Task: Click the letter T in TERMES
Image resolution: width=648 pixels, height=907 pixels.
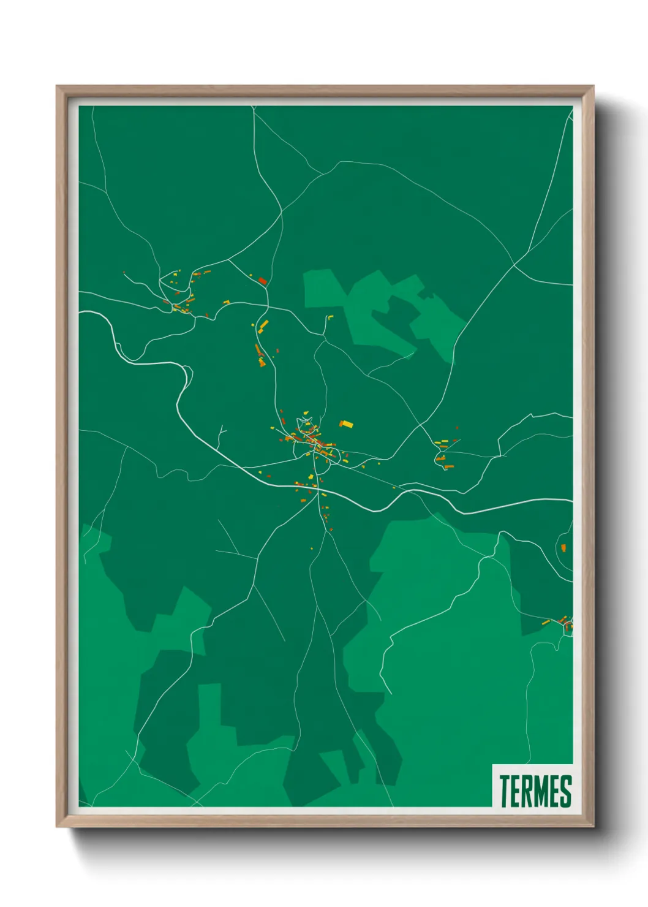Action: pos(505,791)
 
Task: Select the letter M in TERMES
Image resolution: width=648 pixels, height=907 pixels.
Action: pos(542,791)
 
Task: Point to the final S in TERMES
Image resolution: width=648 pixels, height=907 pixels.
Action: pos(565,791)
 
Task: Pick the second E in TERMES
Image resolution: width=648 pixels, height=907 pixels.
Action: pos(555,791)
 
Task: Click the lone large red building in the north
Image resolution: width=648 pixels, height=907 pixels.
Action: pos(263,281)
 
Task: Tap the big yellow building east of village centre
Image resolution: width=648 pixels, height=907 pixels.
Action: pos(347,423)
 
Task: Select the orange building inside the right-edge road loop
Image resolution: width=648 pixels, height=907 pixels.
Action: pos(563,547)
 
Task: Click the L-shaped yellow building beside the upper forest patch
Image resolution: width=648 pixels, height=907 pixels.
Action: pos(329,317)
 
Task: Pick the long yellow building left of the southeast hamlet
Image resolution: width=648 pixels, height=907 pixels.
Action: pos(545,623)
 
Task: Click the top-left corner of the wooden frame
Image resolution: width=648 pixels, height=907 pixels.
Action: pos(58,87)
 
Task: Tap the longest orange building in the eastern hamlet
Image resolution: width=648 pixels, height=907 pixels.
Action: pos(449,467)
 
